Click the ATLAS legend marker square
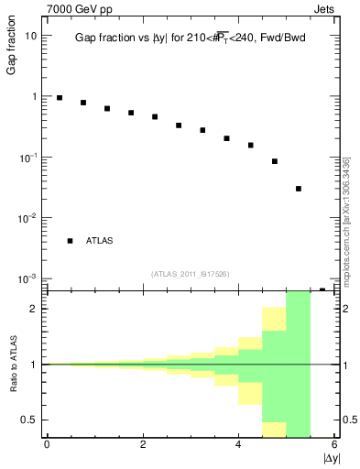tap(70, 241)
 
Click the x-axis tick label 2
tap(143, 444)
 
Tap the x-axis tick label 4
tap(239, 444)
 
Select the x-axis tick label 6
tap(335, 444)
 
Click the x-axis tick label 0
tap(47, 444)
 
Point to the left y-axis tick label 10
tap(31, 36)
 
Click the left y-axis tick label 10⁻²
tap(29, 217)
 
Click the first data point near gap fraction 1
tap(60, 98)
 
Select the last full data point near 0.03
tap(299, 189)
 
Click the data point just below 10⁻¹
tap(275, 161)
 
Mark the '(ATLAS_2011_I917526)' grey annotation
tap(190, 273)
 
